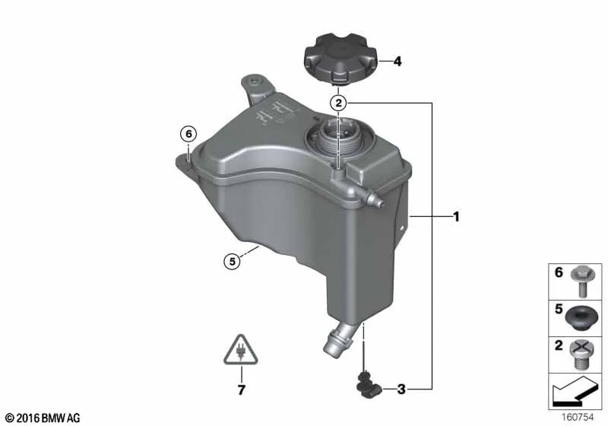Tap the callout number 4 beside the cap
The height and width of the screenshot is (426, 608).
[397, 62]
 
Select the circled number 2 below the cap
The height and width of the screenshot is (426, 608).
[338, 103]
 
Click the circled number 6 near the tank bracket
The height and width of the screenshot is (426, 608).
[188, 134]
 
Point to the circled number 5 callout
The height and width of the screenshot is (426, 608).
[233, 262]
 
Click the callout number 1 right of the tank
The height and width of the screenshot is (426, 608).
[457, 217]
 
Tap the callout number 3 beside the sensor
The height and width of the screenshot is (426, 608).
[401, 389]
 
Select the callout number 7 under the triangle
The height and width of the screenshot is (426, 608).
[241, 390]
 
